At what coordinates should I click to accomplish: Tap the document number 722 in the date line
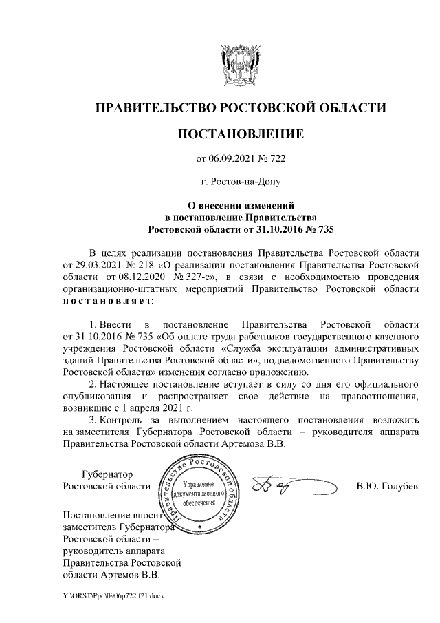coord(276,159)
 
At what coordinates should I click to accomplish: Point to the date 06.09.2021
coord(232,159)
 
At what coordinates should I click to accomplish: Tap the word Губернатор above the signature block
coord(107,474)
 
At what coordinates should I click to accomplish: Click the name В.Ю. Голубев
coord(386,487)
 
